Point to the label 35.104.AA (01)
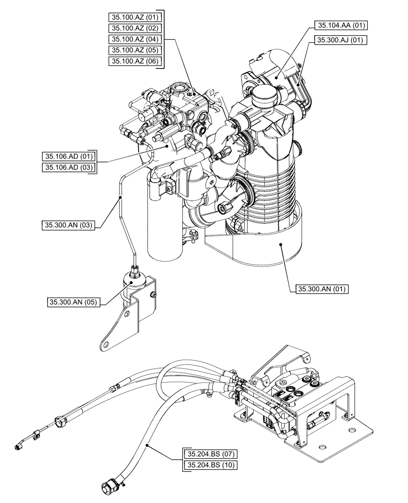pyautogui.click(x=340, y=25)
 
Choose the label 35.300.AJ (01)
pyautogui.click(x=341, y=40)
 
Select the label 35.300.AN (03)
pyautogui.click(x=67, y=225)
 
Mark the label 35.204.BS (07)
pyautogui.click(x=210, y=455)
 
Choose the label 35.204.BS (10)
pyautogui.click(x=210, y=466)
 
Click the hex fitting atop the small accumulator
pyautogui.click(x=135, y=273)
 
